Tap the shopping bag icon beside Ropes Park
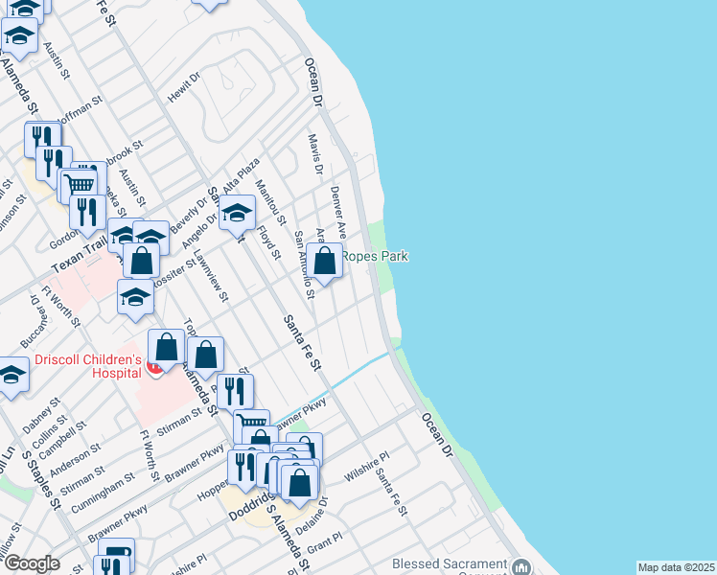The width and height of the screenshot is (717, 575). point(325,260)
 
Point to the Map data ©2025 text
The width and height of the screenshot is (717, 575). point(675,567)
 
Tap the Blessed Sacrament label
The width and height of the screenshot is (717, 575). point(447,564)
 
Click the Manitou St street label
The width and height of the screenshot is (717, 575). point(271,203)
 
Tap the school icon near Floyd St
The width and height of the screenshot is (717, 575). point(237,216)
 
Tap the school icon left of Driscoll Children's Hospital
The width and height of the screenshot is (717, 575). point(12,377)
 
